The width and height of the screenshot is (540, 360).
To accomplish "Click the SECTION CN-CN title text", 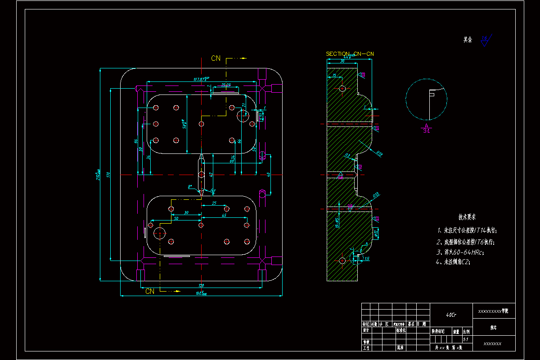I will click(x=350, y=54).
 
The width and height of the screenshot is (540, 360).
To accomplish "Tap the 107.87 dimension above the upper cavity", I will click(x=202, y=79).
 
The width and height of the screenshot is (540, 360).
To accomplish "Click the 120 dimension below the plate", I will click(x=201, y=285).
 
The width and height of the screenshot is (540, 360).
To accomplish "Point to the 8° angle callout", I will click(x=190, y=186).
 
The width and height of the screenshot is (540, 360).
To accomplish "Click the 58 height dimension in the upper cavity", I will click(x=184, y=124).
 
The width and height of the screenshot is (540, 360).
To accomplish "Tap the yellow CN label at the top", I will click(x=216, y=58).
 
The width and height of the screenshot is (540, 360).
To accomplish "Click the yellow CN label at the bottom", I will click(x=150, y=291).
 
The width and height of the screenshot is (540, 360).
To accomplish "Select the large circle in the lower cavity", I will click(x=160, y=233).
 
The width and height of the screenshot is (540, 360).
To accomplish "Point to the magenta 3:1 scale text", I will click(x=427, y=131).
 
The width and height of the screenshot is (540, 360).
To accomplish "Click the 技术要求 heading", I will click(x=467, y=217).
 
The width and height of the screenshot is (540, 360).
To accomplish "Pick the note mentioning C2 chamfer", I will click(x=457, y=262).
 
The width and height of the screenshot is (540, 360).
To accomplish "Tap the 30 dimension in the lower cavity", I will click(x=186, y=212).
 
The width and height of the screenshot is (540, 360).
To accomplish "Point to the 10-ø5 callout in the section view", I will click(x=337, y=222).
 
